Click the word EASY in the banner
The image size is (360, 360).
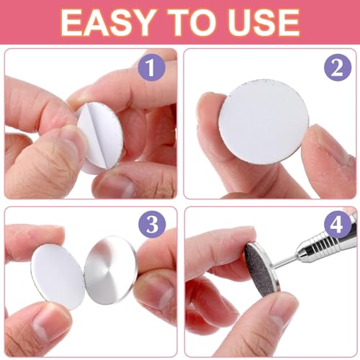107,23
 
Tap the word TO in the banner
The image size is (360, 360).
194,23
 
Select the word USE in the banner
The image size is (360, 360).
264,23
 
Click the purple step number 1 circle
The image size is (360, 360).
152,68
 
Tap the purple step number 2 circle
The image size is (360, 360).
338,68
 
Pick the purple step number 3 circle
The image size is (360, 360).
152,225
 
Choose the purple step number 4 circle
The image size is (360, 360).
338,225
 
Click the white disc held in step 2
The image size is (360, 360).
264,122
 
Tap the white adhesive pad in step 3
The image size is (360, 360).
58,276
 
